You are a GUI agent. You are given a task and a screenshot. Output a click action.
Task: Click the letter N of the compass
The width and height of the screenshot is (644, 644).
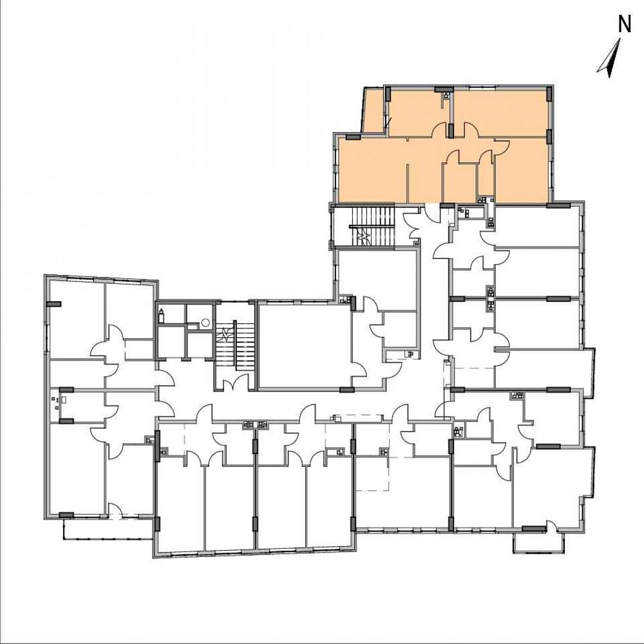pyautogui.click(x=624, y=24)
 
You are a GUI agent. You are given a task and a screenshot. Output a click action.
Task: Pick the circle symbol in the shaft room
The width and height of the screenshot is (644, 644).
pyautogui.click(x=205, y=322)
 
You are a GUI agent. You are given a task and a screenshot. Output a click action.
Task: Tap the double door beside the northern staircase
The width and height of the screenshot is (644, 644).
pyautogui.click(x=413, y=225)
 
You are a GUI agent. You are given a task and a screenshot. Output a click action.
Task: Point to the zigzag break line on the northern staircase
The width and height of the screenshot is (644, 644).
pyautogui.click(x=365, y=236)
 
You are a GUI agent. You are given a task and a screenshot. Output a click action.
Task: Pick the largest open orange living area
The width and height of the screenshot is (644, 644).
pyautogui.click(x=374, y=169)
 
